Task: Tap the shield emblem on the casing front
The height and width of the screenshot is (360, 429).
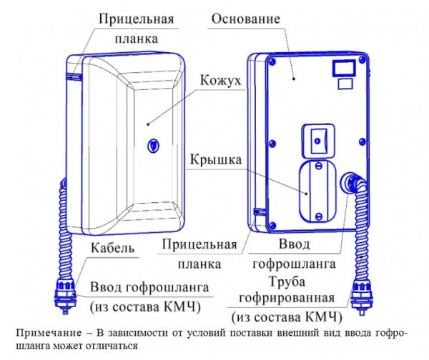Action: click(x=153, y=144)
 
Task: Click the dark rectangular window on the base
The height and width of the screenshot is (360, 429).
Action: click(x=342, y=67)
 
